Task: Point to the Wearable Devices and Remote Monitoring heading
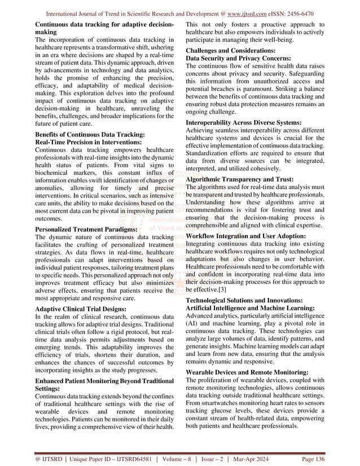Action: click(247, 373)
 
